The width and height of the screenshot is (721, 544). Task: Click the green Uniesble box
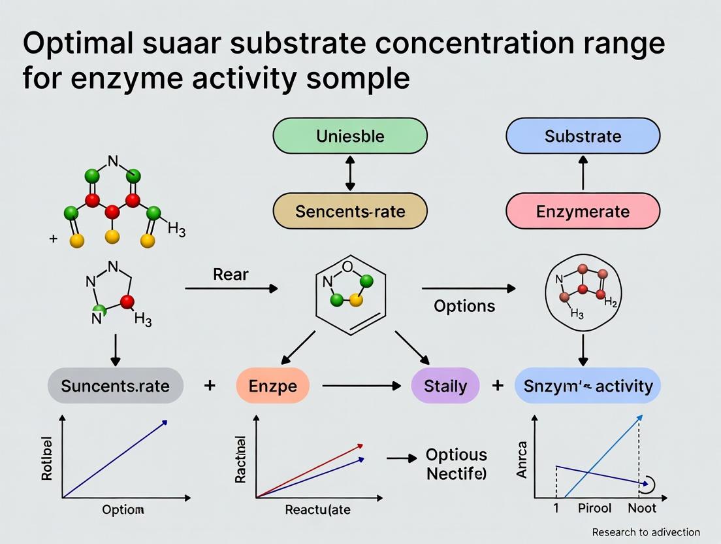tap(349, 137)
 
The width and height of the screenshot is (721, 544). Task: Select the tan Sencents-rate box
tap(349, 211)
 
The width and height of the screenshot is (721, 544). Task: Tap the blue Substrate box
tap(583, 137)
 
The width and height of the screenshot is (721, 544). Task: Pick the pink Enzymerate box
tap(583, 211)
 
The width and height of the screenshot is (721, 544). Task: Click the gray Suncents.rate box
tap(116, 385)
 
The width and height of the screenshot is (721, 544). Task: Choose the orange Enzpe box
tap(274, 385)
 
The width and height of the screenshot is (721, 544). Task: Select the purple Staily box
tap(445, 385)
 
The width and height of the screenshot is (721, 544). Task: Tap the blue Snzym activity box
tap(588, 385)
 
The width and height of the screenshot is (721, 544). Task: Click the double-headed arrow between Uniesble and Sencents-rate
tap(351, 174)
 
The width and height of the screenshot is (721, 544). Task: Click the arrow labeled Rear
tap(231, 288)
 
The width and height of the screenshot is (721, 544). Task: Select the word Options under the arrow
tap(464, 306)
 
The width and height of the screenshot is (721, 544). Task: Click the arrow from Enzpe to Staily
tap(361, 386)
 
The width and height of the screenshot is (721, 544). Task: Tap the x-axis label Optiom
tap(123, 509)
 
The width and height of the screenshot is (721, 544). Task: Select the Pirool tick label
tap(594, 507)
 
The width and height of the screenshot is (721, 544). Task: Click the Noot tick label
tap(642, 507)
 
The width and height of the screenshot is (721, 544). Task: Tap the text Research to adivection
tap(646, 532)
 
